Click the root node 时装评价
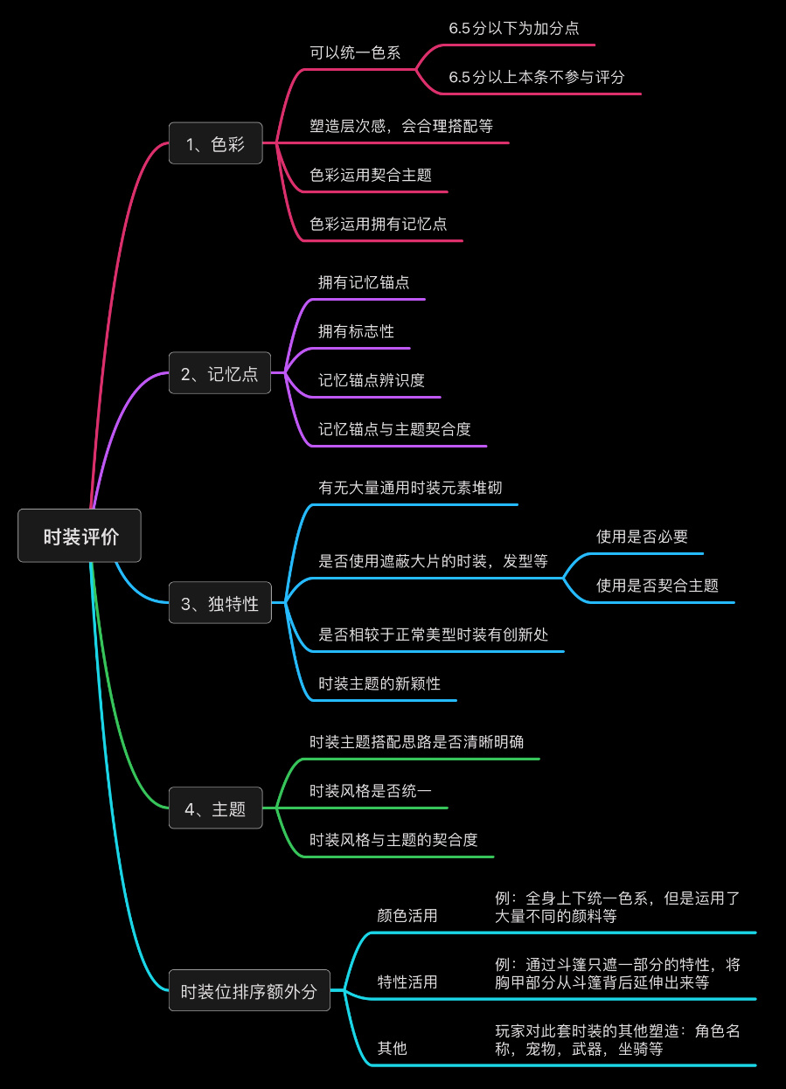click(x=80, y=536)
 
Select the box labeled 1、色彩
click(x=215, y=143)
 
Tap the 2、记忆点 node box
click(x=219, y=373)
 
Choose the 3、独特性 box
click(x=219, y=602)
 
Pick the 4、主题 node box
click(x=215, y=808)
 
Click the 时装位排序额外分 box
click(x=249, y=990)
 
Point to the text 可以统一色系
click(x=355, y=52)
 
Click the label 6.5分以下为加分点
click(x=513, y=28)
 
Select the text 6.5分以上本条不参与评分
click(x=537, y=77)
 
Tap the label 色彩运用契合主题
click(x=371, y=175)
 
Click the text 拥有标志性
click(x=356, y=331)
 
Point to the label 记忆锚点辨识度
click(x=371, y=380)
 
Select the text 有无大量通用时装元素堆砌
click(x=410, y=488)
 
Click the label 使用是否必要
click(x=642, y=537)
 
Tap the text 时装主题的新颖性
click(x=379, y=683)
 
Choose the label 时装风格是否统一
click(x=371, y=791)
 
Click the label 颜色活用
click(x=407, y=916)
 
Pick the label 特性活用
click(x=407, y=982)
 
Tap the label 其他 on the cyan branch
click(x=392, y=1048)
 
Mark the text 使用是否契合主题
click(x=657, y=586)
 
